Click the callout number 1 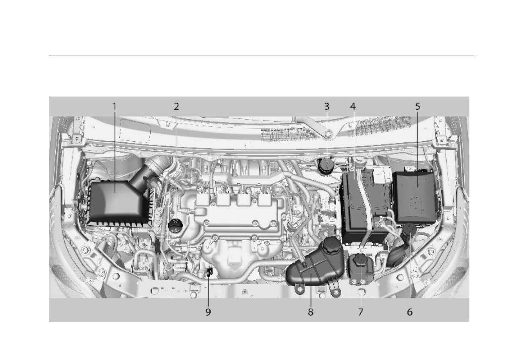click(x=114, y=106)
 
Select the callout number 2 click(x=176, y=106)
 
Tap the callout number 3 click(x=327, y=106)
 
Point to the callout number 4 click(x=353, y=106)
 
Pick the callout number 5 click(x=417, y=106)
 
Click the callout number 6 click(x=410, y=312)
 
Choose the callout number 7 click(x=360, y=312)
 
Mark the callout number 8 click(x=310, y=312)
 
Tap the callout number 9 click(x=208, y=312)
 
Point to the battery click(x=365, y=206)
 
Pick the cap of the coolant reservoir click(x=332, y=245)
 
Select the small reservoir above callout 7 click(x=360, y=268)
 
